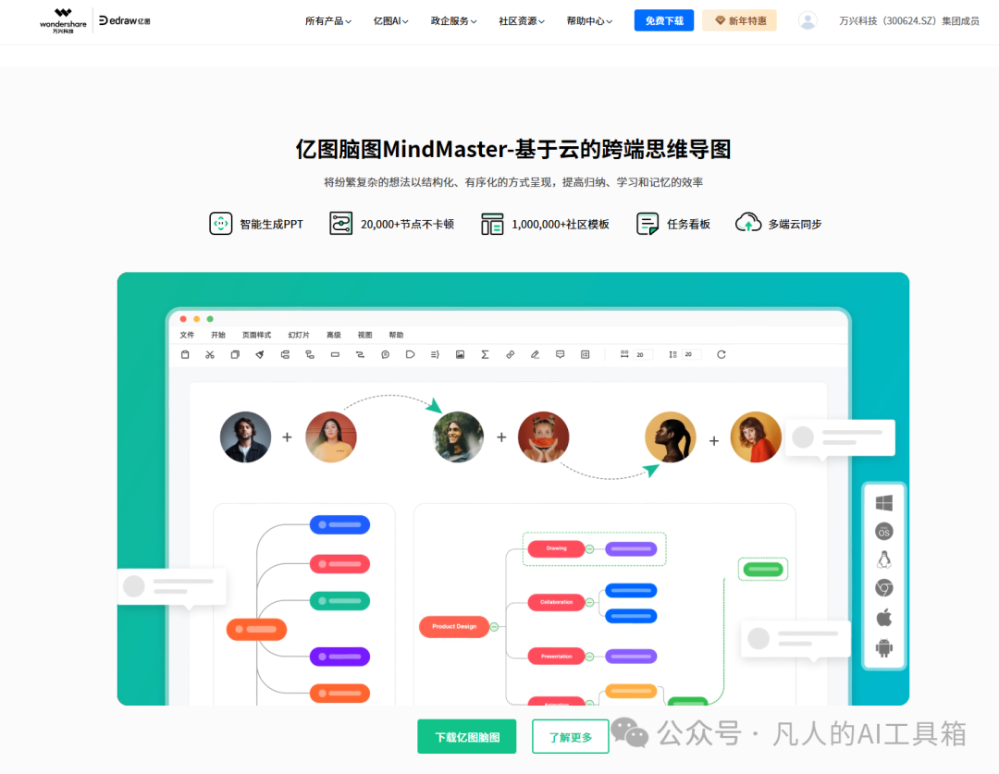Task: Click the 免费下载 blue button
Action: tap(663, 20)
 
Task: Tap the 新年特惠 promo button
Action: tap(739, 20)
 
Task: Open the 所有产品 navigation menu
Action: tap(327, 20)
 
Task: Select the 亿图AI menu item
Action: tap(390, 20)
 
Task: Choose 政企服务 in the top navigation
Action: tap(453, 20)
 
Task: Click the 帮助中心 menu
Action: tap(589, 20)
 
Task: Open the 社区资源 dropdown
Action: tap(521, 20)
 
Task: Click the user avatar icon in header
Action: tap(808, 20)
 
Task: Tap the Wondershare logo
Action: tap(63, 19)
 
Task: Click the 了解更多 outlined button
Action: tap(570, 737)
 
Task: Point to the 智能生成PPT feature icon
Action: tap(221, 224)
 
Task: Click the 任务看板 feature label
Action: tap(688, 224)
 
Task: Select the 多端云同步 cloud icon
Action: tap(748, 223)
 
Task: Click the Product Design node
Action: tap(454, 626)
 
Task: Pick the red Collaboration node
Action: tap(556, 602)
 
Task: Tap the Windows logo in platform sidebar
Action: tap(884, 503)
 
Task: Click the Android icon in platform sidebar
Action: tap(884, 647)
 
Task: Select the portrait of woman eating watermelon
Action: tap(543, 437)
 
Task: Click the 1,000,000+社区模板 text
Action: tap(561, 224)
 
